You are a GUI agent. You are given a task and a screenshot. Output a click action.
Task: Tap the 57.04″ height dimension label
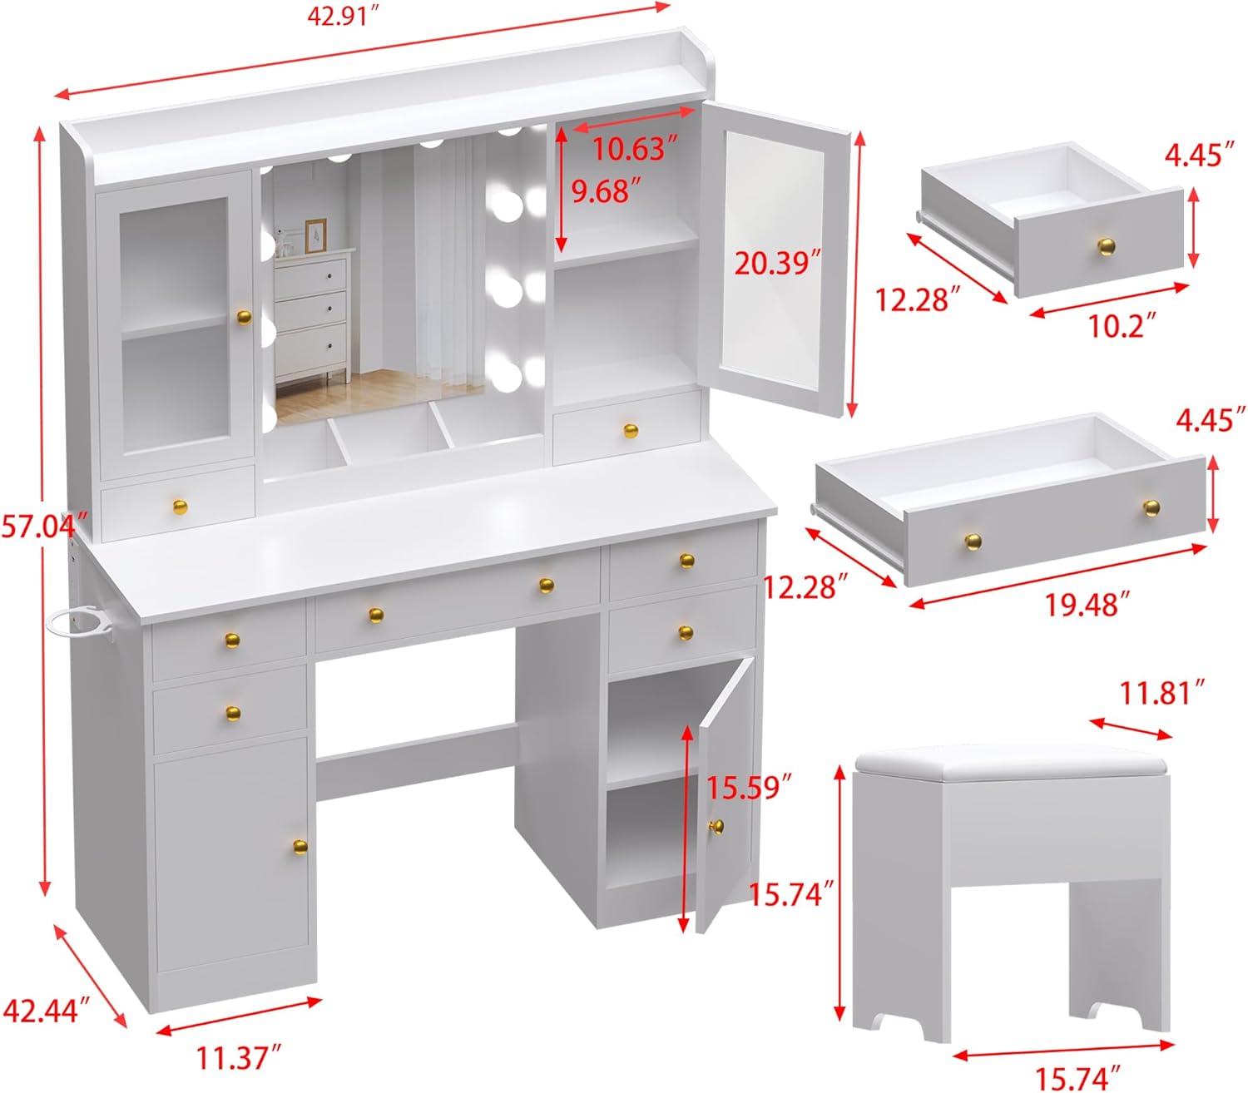pyautogui.click(x=43, y=525)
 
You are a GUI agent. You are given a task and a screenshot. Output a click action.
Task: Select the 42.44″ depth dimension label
pyautogui.click(x=46, y=1011)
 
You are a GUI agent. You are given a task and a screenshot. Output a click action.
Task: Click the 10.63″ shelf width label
pyautogui.click(x=629, y=149)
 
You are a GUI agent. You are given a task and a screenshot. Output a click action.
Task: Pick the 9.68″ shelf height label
pyautogui.click(x=606, y=190)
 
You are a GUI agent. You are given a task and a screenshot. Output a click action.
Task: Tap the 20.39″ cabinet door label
pyautogui.click(x=771, y=263)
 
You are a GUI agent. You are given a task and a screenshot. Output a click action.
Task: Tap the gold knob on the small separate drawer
pyautogui.click(x=1106, y=246)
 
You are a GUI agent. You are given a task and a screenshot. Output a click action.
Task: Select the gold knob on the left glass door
pyautogui.click(x=243, y=318)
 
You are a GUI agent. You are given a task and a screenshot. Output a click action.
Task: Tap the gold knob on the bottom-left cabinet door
pyautogui.click(x=300, y=846)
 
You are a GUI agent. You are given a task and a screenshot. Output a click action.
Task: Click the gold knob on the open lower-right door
pyautogui.click(x=716, y=826)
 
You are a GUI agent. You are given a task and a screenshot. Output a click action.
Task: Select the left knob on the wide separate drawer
pyautogui.click(x=973, y=542)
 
